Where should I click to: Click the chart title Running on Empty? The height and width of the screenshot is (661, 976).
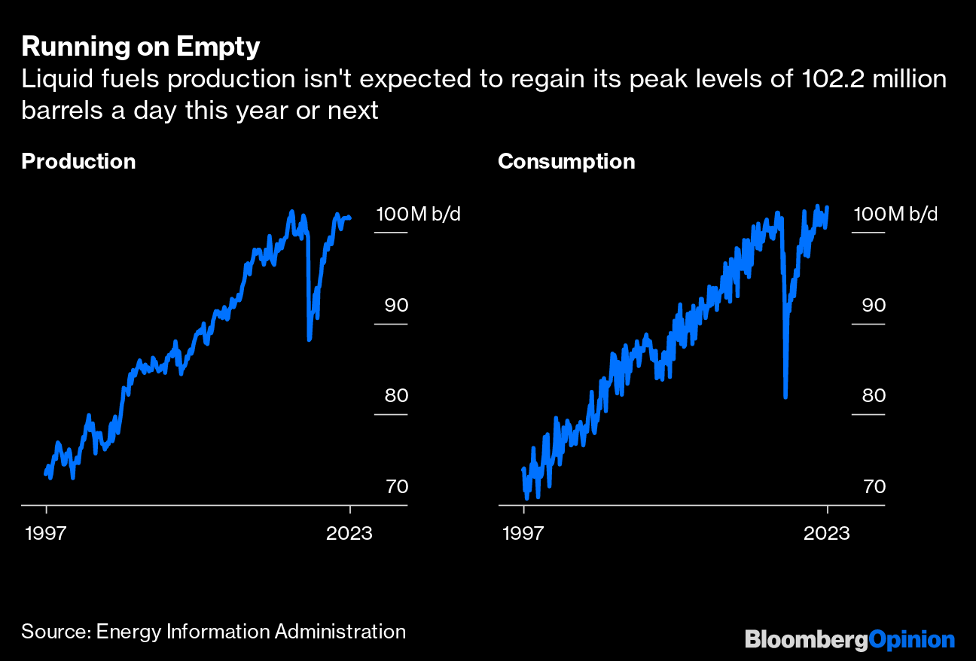(x=141, y=47)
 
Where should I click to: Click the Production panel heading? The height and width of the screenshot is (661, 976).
(x=78, y=161)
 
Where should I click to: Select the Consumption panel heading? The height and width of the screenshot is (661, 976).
(x=566, y=161)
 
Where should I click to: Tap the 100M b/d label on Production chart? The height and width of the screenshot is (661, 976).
(x=418, y=214)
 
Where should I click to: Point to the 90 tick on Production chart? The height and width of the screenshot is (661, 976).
(x=396, y=305)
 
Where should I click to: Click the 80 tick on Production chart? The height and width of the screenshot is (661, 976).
(x=396, y=395)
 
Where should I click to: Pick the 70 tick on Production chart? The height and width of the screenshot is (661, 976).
(x=396, y=486)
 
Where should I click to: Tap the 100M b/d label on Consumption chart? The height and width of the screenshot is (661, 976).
(x=895, y=214)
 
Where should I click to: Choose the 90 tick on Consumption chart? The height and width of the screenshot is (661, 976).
(x=874, y=305)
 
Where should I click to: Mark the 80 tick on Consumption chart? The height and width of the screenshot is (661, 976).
(x=874, y=395)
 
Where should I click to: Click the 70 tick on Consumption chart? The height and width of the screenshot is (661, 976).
(x=874, y=486)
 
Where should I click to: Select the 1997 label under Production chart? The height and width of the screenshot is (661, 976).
(x=47, y=533)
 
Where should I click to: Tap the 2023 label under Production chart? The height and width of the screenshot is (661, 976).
(x=349, y=533)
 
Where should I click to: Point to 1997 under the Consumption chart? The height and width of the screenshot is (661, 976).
(x=523, y=533)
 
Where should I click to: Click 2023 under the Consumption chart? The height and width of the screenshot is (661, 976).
(x=827, y=533)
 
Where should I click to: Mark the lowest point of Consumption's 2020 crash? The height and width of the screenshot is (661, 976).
(x=785, y=397)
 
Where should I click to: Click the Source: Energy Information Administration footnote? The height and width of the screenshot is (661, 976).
(x=213, y=631)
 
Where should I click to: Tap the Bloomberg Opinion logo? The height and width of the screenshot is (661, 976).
(x=849, y=640)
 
